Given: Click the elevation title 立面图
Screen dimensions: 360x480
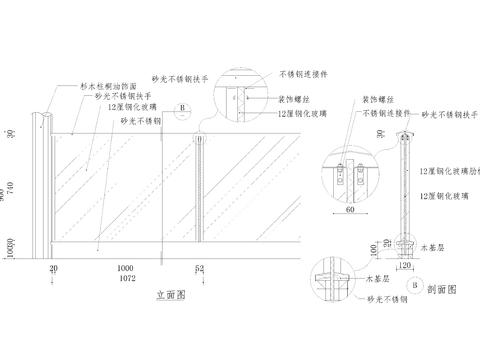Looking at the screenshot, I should pyautogui.click(x=172, y=296).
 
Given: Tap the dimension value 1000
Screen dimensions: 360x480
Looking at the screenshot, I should pyautogui.click(x=124, y=268).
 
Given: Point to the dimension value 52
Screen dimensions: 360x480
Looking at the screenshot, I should pyautogui.click(x=200, y=268).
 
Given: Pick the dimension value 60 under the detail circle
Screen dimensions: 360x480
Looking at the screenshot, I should pyautogui.click(x=351, y=211).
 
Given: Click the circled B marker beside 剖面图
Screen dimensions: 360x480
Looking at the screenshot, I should pyautogui.click(x=415, y=287).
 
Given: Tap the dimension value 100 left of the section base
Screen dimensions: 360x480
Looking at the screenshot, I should pyautogui.click(x=373, y=246).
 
